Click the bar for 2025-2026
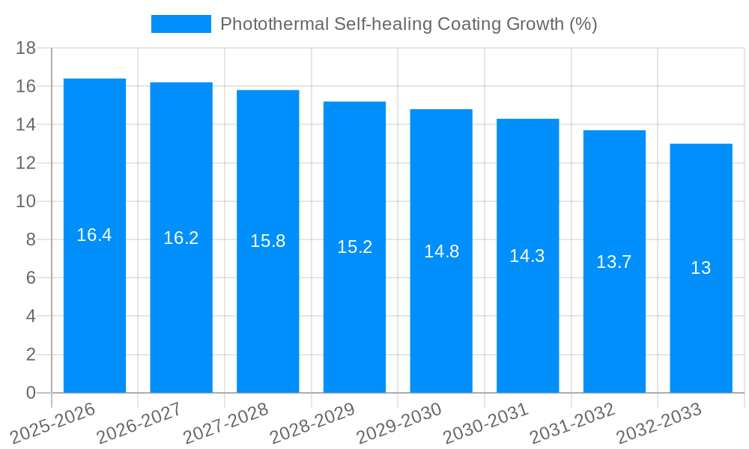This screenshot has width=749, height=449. click(94, 299)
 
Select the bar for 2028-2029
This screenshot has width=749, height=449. click(354, 314)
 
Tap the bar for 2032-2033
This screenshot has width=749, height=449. click(701, 329)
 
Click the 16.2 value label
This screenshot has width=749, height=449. click(181, 238)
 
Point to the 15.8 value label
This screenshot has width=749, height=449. click(268, 241)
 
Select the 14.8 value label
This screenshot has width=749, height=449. click(441, 251)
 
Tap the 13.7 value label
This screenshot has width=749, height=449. click(614, 262)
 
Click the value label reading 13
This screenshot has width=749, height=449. click(701, 268)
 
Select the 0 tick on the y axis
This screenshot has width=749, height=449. click(31, 393)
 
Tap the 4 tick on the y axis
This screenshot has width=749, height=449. click(31, 316)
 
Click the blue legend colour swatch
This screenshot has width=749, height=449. click(181, 24)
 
